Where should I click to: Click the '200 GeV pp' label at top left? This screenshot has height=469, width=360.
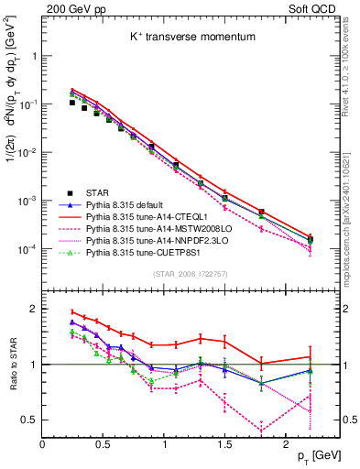coord(65,8)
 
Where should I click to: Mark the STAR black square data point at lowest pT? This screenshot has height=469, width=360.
coord(72,103)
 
